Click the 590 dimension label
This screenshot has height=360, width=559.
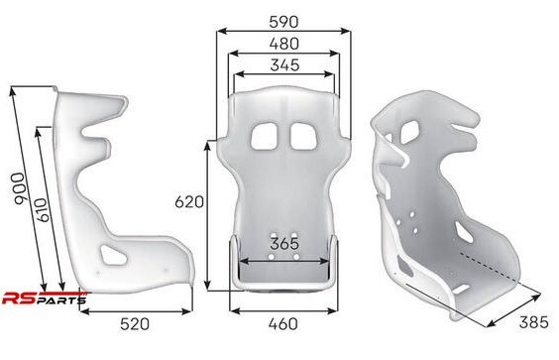point(283,22)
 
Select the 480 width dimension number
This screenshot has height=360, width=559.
point(284,44)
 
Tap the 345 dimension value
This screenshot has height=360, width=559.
point(284,65)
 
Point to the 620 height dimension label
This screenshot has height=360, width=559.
point(189,202)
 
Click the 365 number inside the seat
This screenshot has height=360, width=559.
point(284,244)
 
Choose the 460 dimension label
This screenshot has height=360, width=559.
point(283,324)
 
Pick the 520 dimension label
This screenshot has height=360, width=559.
point(135,324)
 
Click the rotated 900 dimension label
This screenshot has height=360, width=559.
point(19,189)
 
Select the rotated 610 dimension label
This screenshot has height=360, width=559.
point(42,210)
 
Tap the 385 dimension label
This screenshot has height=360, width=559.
point(533,322)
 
